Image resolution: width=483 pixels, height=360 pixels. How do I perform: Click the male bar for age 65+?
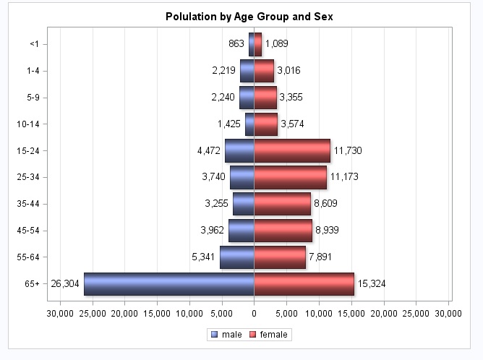click(x=168, y=283)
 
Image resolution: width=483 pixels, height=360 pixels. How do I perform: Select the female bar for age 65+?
click(x=304, y=283)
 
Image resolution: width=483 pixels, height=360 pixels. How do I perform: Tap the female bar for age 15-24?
click(x=292, y=150)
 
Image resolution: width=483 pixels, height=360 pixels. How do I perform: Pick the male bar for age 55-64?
click(x=237, y=257)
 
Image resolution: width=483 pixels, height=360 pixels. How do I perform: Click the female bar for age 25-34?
click(x=290, y=177)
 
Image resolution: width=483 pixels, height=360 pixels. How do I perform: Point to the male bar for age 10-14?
click(x=249, y=124)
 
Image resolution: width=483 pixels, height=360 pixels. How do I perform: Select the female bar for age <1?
click(x=257, y=44)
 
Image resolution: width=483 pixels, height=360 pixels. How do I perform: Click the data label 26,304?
click(x=65, y=283)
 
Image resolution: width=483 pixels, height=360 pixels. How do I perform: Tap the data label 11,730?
click(x=347, y=150)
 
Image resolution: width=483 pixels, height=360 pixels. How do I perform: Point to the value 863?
click(x=236, y=44)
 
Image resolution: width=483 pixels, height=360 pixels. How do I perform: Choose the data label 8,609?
click(x=325, y=204)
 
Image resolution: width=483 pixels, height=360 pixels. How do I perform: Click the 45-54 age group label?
click(x=27, y=231)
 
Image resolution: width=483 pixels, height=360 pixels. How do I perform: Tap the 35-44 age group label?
click(x=27, y=204)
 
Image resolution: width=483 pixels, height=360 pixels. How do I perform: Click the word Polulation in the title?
click(x=191, y=16)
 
